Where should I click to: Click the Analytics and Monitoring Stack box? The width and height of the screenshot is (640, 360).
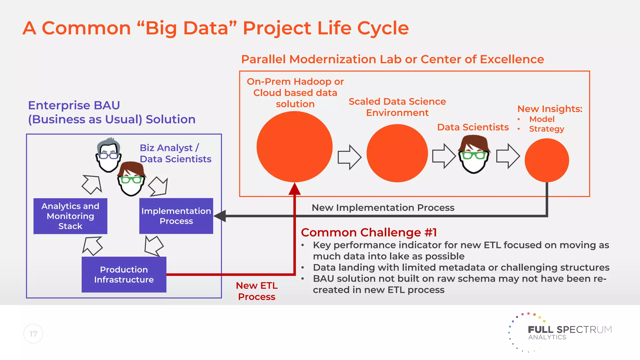pos(70,216)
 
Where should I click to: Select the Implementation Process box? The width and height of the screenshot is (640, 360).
pos(176,216)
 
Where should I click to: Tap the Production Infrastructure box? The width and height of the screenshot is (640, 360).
pos(124,274)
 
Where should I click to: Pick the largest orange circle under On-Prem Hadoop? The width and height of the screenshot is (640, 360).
pos(294,147)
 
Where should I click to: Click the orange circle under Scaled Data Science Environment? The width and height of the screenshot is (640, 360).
pos(397,153)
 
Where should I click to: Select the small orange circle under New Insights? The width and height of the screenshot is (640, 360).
pos(547,160)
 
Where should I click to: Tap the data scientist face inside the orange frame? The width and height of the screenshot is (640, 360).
pos(474,155)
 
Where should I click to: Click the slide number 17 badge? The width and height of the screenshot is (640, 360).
pos(33,334)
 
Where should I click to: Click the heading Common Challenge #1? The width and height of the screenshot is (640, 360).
pos(369,232)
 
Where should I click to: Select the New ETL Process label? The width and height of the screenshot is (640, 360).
pos(257,291)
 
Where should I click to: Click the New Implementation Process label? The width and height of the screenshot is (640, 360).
pos(383,207)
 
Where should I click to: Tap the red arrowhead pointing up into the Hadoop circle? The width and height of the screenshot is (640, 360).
pos(294,189)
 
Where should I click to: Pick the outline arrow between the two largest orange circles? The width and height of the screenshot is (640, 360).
pos(349,157)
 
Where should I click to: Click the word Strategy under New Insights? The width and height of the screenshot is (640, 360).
pos(546,129)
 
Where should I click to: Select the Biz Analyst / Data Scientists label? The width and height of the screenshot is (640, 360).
pos(175,153)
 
